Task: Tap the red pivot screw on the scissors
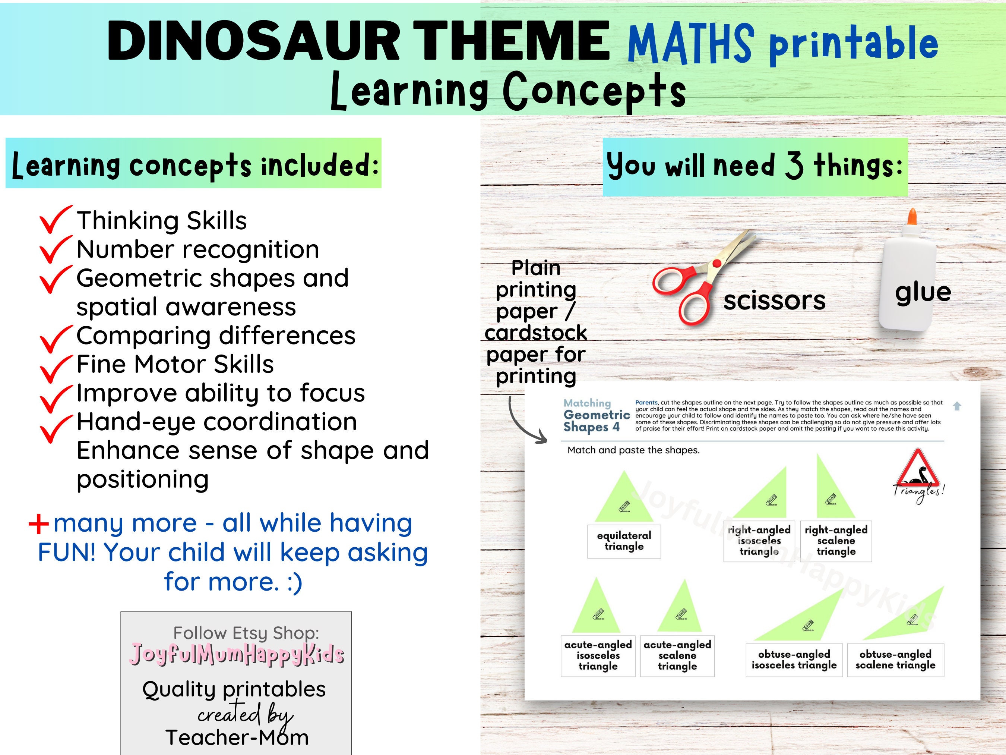coord(717,264)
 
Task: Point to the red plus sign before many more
coord(39,524)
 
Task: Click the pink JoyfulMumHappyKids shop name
coord(237,654)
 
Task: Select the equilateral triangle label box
coord(624,541)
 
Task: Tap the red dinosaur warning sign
coord(917,470)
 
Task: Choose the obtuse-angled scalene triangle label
coord(895,660)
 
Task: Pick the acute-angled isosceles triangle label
coord(598,656)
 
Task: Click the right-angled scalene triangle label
coord(836,541)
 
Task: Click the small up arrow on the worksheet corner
coord(957,406)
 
